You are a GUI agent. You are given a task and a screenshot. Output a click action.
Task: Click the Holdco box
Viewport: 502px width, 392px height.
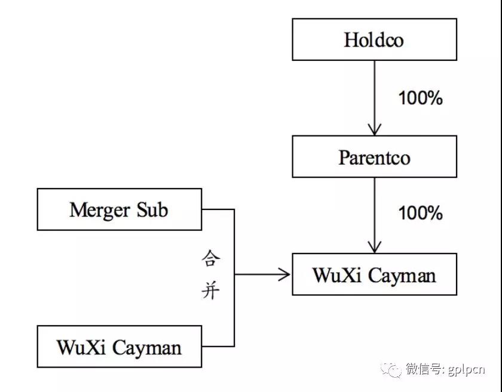[x=374, y=39]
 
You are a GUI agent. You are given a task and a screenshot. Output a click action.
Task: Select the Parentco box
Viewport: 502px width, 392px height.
[x=374, y=157]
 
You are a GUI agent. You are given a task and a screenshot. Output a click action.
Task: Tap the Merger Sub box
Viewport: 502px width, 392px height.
[x=120, y=209]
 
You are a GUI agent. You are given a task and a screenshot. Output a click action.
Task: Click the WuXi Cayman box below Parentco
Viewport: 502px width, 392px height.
[x=374, y=274]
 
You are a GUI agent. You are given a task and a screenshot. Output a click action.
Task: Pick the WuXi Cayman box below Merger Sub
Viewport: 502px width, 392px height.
[x=120, y=347]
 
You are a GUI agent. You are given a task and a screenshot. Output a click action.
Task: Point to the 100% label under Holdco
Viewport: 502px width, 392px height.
[x=420, y=98]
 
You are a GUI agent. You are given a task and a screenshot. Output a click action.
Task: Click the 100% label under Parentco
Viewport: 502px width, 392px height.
[x=420, y=213]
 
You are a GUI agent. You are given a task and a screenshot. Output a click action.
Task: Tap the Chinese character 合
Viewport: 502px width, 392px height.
[x=210, y=258]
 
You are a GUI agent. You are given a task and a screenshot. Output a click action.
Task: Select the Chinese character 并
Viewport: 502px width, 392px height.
[x=210, y=290]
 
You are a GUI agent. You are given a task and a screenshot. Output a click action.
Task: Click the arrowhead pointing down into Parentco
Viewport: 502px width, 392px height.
[x=375, y=130]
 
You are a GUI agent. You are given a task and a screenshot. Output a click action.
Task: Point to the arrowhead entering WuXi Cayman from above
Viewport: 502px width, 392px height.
[x=375, y=248]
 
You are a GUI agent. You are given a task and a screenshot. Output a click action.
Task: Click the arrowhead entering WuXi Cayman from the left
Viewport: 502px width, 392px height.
[x=284, y=274]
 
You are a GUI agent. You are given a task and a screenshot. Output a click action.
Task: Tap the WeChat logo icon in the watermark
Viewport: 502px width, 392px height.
[x=391, y=370]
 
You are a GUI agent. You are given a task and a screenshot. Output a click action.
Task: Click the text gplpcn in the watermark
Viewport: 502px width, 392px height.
[x=466, y=370]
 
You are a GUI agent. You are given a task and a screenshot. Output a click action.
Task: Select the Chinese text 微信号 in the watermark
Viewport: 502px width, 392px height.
[x=424, y=369]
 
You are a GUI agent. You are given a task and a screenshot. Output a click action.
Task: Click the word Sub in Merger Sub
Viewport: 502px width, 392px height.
[x=152, y=210]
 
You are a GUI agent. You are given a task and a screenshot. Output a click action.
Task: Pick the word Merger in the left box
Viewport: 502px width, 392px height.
[x=100, y=211]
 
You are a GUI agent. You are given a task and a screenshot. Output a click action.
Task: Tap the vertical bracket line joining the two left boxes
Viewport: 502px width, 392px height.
[x=234, y=278]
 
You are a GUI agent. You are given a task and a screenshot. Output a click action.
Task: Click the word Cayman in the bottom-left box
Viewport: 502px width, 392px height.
[x=147, y=348]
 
